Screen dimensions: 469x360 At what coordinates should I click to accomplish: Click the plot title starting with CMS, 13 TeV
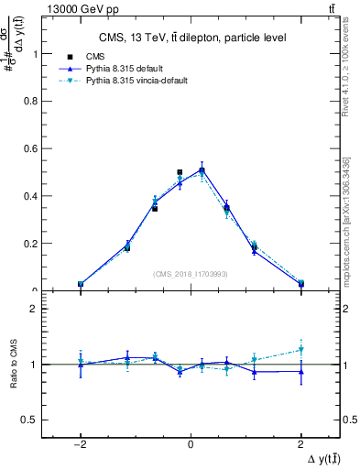(x=191, y=38)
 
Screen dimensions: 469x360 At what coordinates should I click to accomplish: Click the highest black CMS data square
(x=180, y=172)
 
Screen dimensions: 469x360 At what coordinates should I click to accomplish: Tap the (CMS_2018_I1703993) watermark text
(x=191, y=273)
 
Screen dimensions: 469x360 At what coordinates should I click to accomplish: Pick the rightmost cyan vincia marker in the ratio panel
(x=300, y=349)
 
